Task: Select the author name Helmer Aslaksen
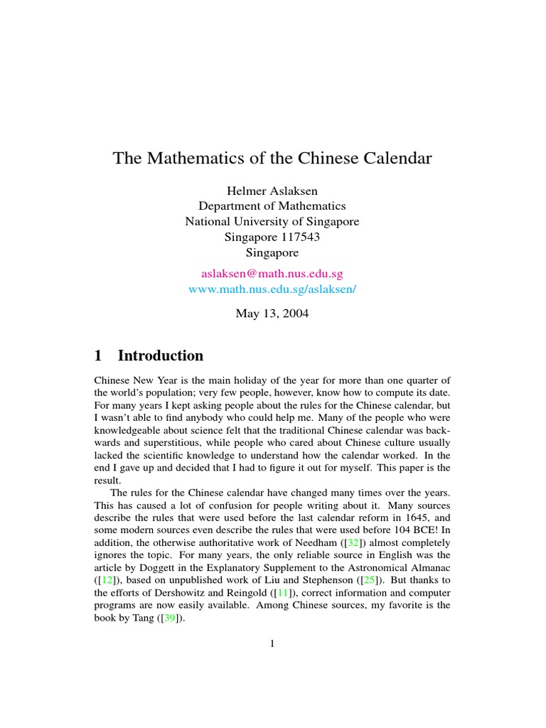pyautogui.click(x=272, y=191)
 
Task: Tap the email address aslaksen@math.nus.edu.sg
pyautogui.click(x=272, y=273)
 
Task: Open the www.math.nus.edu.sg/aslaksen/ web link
pyautogui.click(x=272, y=289)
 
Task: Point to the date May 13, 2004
pyautogui.click(x=272, y=313)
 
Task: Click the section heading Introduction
pyautogui.click(x=161, y=355)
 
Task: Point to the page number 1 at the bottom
pyautogui.click(x=272, y=644)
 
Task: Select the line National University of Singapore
pyautogui.click(x=272, y=221)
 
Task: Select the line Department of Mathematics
pyautogui.click(x=272, y=206)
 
